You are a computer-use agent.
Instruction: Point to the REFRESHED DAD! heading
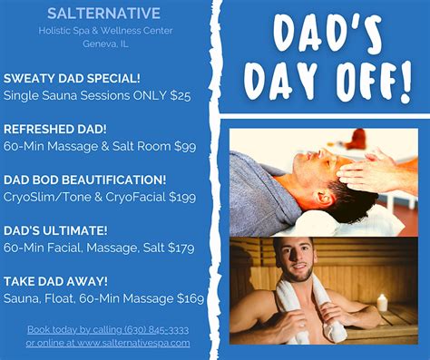[x=55, y=129]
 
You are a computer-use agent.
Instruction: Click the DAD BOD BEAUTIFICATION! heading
[x=85, y=180]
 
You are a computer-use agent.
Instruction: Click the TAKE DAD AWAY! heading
[x=56, y=282]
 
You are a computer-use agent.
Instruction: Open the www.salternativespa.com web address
[x=133, y=343]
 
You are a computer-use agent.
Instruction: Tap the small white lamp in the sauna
[x=382, y=302]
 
